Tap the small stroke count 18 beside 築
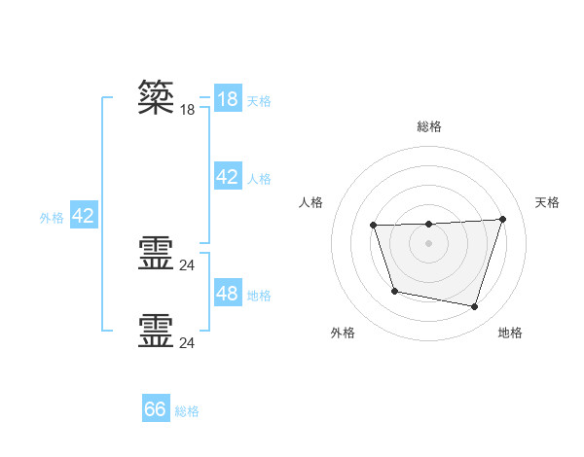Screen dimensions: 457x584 coord(188,110)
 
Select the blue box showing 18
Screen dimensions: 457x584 coord(227,99)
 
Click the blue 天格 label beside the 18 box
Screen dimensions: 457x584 coord(259,100)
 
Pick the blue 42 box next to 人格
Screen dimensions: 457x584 coord(227,177)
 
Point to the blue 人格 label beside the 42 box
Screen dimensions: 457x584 coord(259,178)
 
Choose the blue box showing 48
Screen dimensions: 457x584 coord(227,293)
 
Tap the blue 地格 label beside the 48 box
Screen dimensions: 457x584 coord(259,295)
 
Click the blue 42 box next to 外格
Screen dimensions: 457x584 coord(83,216)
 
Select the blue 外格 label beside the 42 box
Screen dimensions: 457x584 coord(52,218)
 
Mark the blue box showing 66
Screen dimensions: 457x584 coord(156,409)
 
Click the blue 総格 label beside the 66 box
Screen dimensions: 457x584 coord(187,411)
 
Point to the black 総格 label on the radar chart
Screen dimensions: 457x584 coord(428,126)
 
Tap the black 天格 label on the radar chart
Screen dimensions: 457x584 coord(547,202)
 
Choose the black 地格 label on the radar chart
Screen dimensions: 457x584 coord(510,334)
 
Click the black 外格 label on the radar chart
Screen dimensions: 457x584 coord(343,334)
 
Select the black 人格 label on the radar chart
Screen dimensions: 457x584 coord(311,202)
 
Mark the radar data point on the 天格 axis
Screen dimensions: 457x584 coord(502,219)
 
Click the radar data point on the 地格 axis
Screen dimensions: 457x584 coord(474,306)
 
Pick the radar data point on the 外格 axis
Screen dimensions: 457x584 coord(394,291)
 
